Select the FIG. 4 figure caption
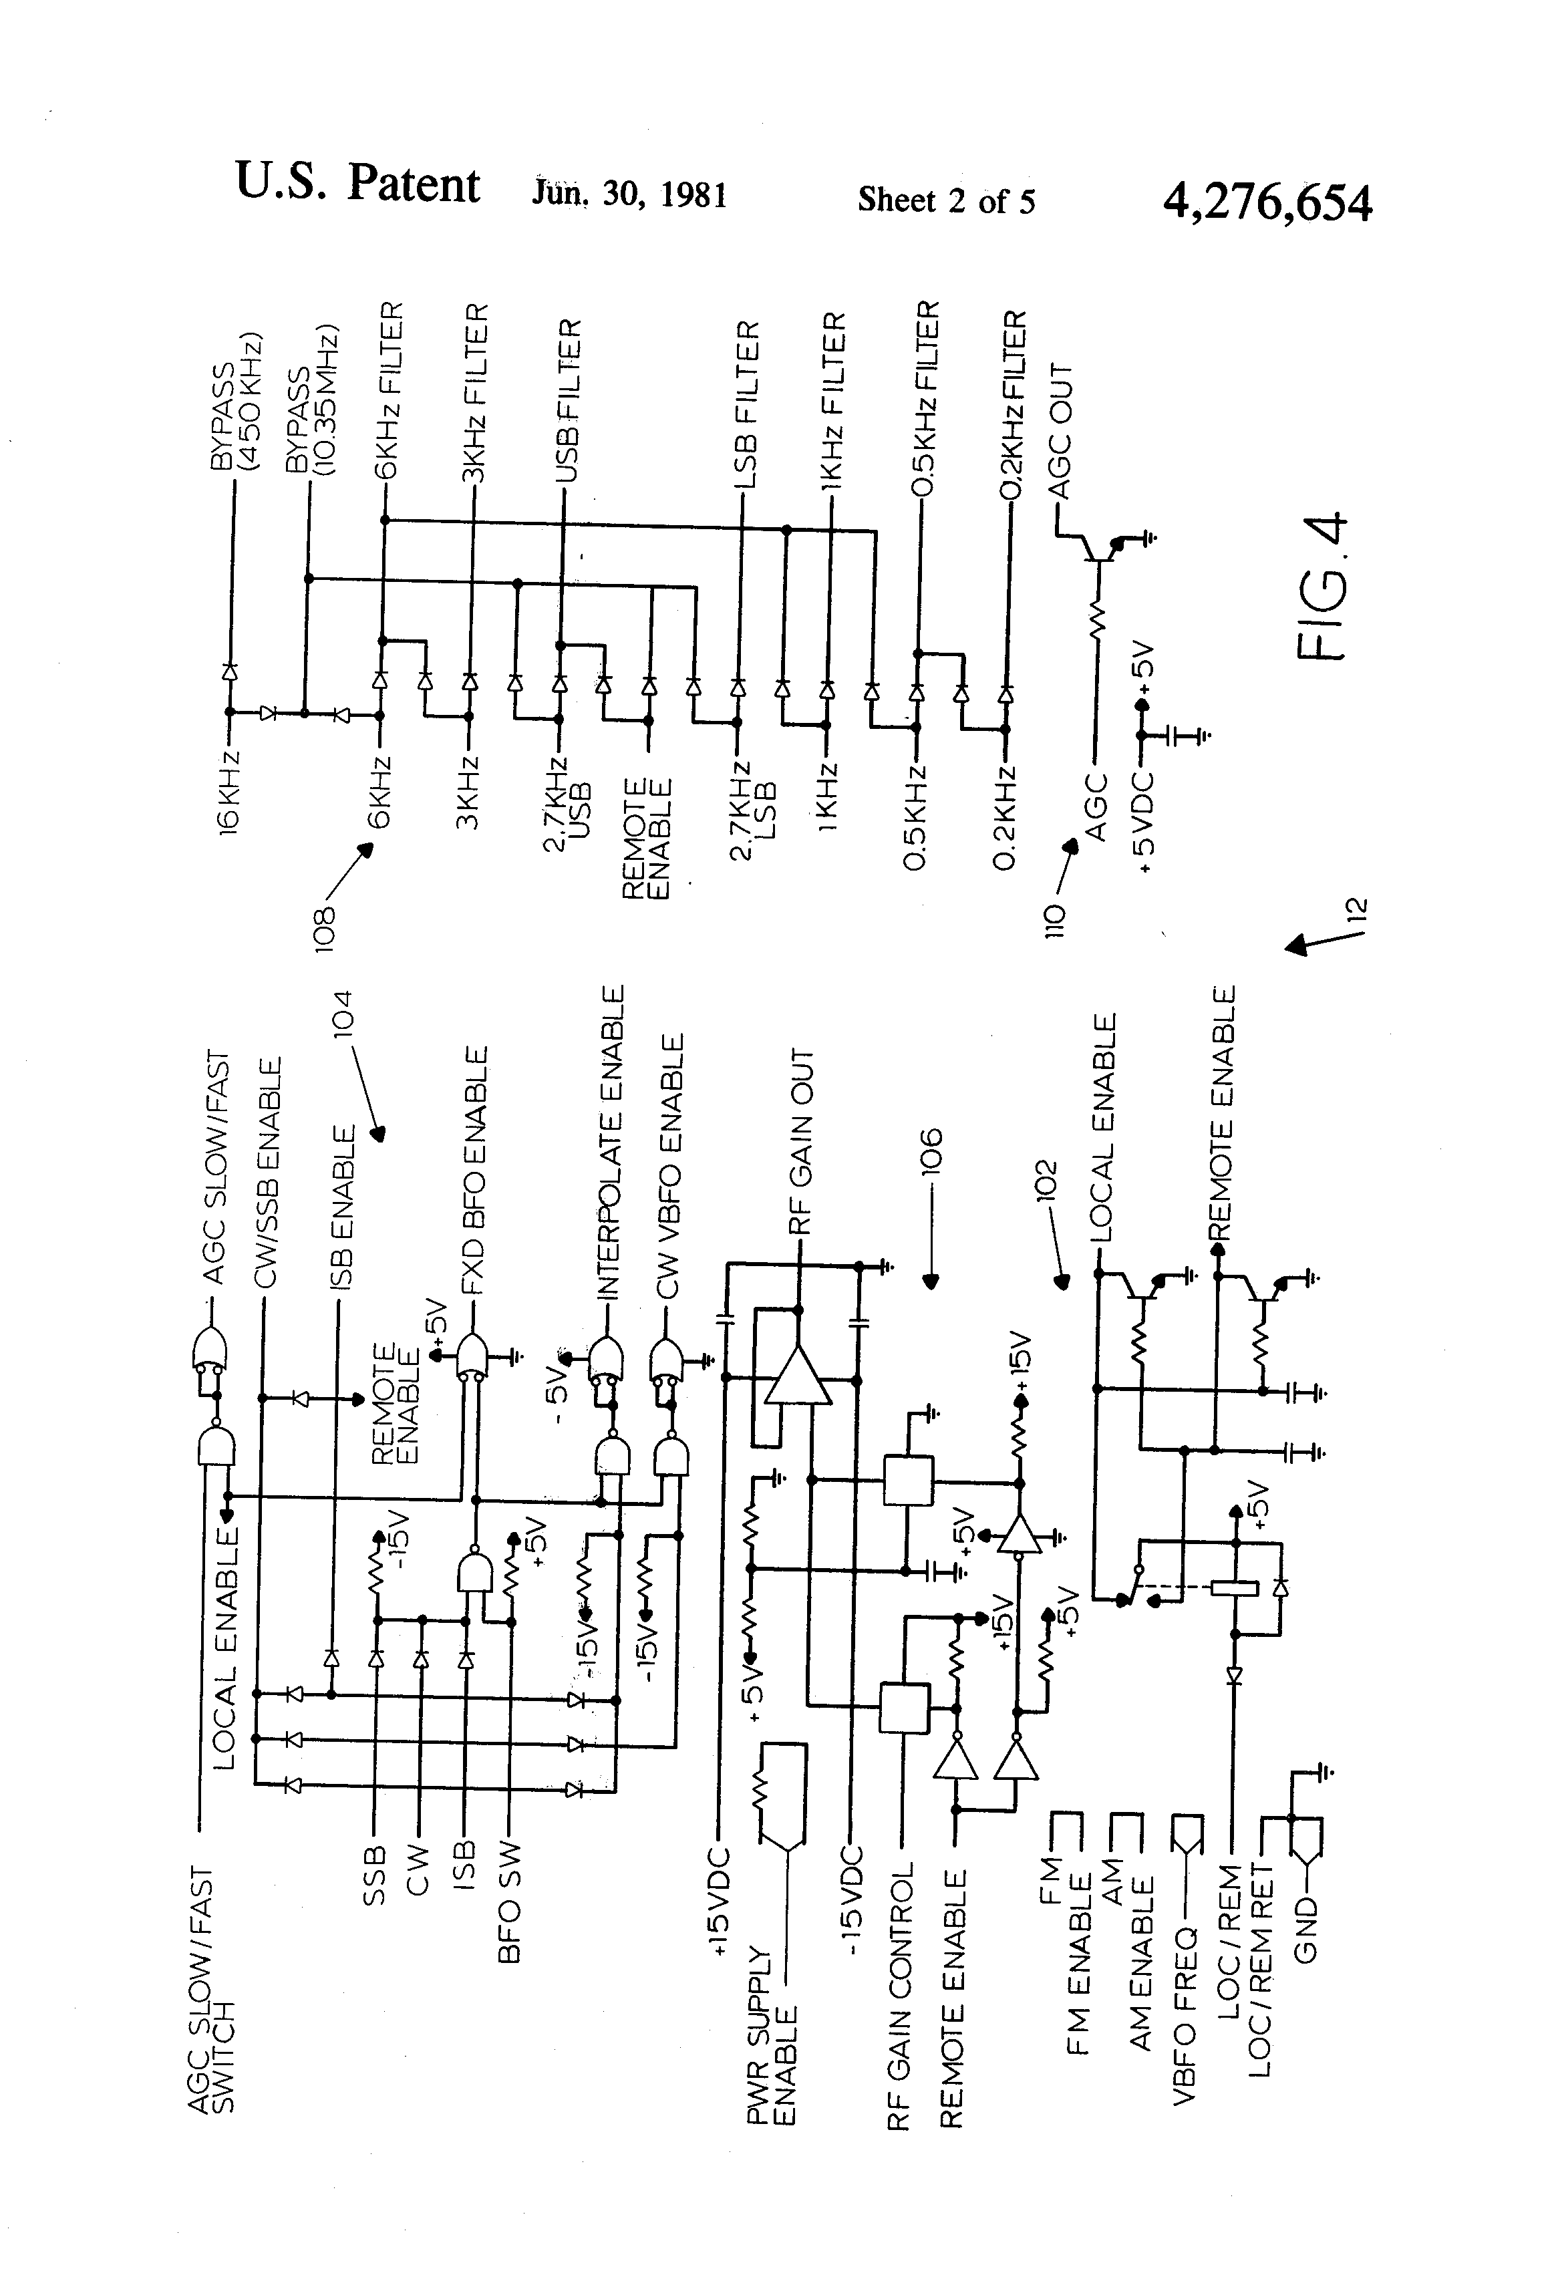tap(1322, 586)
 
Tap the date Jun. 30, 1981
tap(629, 193)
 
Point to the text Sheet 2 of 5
tap(947, 201)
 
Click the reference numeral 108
tap(326, 927)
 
